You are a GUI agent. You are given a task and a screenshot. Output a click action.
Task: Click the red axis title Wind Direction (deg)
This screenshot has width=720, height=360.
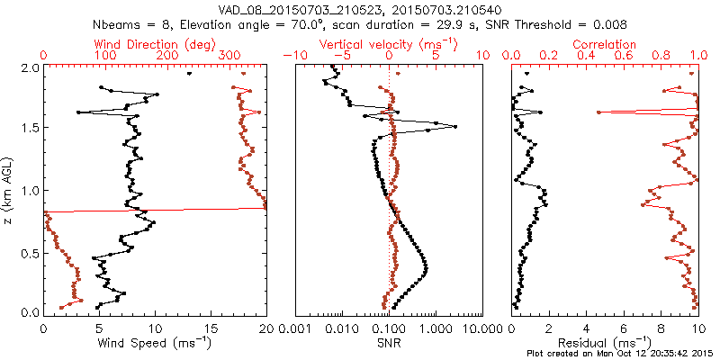(154, 44)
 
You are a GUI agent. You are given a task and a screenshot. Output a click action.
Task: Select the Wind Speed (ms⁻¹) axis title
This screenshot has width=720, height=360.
(155, 344)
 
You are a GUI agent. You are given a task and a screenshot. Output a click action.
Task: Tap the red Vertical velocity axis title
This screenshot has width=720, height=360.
(389, 44)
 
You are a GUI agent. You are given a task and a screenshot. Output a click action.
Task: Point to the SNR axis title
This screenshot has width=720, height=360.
(389, 344)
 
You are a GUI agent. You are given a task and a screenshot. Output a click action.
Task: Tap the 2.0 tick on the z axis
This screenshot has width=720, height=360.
(30, 67)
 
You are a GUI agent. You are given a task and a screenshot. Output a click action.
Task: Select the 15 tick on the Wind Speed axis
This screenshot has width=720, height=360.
(211, 329)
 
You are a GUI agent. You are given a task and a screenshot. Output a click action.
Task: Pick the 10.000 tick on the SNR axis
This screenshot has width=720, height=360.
(483, 329)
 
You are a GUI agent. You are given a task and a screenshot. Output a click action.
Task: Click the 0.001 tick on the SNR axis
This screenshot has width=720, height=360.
(295, 329)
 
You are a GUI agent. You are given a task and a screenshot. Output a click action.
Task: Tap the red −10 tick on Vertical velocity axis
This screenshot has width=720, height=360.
(293, 56)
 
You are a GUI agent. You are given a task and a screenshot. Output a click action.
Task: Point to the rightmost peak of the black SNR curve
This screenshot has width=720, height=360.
(455, 126)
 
